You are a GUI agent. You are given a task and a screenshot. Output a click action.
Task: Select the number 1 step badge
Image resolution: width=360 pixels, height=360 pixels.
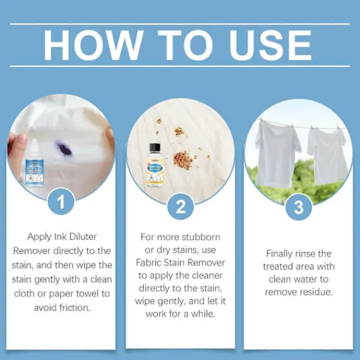click(x=61, y=202)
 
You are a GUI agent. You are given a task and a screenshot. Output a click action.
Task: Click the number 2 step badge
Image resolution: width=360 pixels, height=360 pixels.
click(x=181, y=206)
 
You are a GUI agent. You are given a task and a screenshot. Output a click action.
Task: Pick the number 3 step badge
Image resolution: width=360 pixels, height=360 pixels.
click(x=299, y=207)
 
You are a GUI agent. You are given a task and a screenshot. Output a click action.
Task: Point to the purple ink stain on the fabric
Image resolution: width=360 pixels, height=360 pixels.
click(x=63, y=149)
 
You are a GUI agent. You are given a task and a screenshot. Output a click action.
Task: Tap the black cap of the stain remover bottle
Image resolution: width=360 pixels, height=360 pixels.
click(x=155, y=149)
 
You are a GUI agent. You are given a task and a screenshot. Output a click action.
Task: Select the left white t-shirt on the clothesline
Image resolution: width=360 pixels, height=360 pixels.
click(x=277, y=153)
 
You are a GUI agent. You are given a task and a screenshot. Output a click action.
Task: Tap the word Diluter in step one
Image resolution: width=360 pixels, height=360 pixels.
click(x=83, y=237)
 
